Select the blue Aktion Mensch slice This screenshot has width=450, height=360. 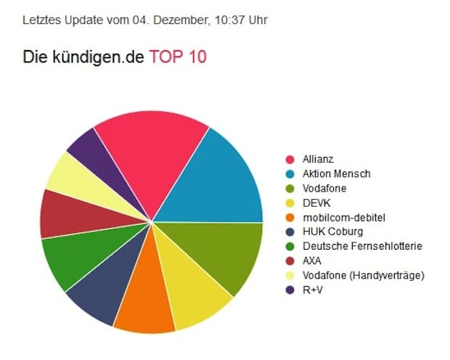pos(218,181)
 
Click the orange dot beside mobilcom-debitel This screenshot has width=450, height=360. pos(290,217)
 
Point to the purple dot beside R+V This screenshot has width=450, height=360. pos(290,290)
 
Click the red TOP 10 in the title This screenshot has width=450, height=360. pos(178,57)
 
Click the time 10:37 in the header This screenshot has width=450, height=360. pos(226,20)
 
